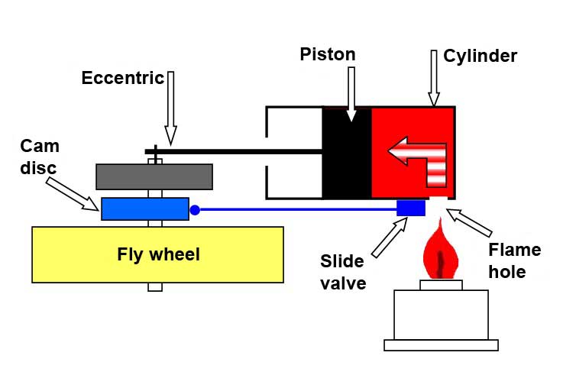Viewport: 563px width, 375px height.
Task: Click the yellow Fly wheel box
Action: pyautogui.click(x=157, y=254)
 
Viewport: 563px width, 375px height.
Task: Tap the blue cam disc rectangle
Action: pyautogui.click(x=145, y=209)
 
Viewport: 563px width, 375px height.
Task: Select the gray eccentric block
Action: pyautogui.click(x=154, y=176)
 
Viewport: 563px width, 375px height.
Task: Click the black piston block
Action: pyautogui.click(x=347, y=153)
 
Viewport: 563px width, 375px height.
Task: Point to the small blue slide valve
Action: pyautogui.click(x=411, y=208)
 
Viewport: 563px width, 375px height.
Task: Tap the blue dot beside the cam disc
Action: pyautogui.click(x=195, y=209)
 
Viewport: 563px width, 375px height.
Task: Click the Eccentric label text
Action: pyautogui.click(x=123, y=78)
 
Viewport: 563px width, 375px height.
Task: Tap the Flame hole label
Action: pyautogui.click(x=513, y=260)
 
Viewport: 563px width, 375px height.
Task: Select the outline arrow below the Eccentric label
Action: pyautogui.click(x=170, y=107)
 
